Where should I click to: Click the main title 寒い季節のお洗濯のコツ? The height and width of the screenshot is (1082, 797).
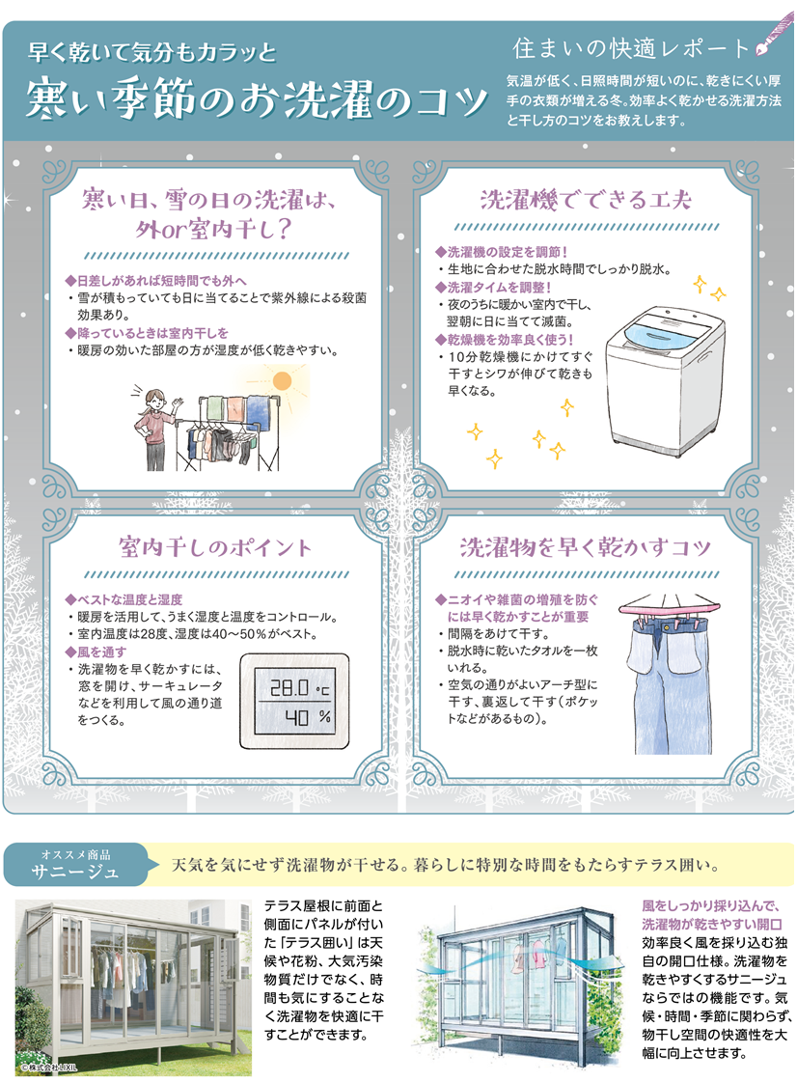tap(257, 98)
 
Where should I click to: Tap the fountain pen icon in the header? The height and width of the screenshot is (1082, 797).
tap(774, 35)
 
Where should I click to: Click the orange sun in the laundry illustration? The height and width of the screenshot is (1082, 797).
tap(282, 380)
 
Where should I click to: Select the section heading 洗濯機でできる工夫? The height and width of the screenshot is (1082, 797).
tap(585, 200)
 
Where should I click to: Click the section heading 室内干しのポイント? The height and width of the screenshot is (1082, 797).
tap(215, 548)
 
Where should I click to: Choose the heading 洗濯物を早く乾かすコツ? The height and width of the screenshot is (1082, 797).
tap(585, 548)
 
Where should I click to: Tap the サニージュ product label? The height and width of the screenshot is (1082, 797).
tap(74, 872)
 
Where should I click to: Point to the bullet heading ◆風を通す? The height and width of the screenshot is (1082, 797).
tap(96, 652)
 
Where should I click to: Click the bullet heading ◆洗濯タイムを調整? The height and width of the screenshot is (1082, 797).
tap(493, 287)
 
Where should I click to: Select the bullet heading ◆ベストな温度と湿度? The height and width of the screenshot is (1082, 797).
tap(124, 599)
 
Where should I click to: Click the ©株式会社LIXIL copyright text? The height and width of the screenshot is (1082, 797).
tap(48, 1067)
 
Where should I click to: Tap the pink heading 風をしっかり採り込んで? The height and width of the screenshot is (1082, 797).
tap(710, 905)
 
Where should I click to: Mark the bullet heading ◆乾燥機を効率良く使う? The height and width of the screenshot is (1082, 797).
tap(504, 340)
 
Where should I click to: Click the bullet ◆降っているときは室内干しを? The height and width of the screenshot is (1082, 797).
tap(147, 333)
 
